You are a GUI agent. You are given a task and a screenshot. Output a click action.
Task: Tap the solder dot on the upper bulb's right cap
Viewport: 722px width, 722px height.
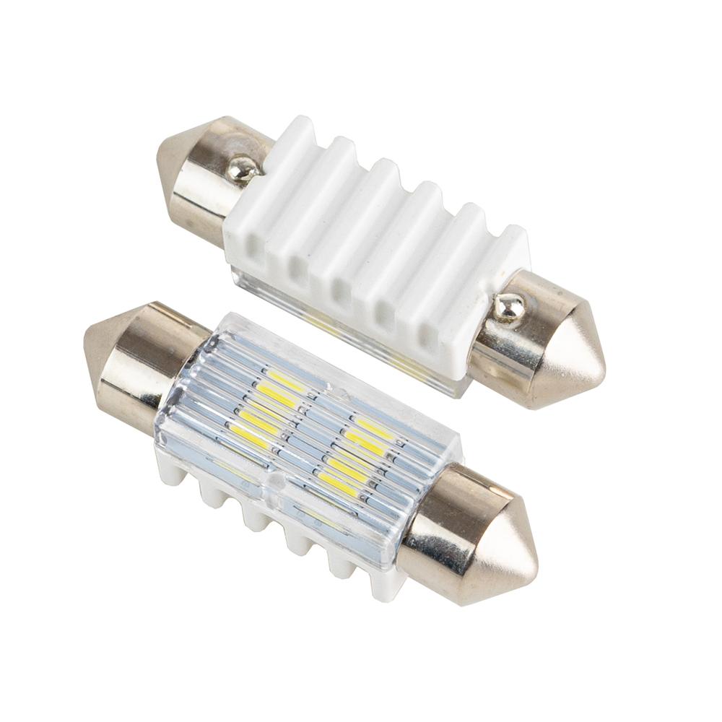[x=510, y=308]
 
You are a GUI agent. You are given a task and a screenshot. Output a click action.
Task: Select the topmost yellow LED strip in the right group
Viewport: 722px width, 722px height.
[x=373, y=426]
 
